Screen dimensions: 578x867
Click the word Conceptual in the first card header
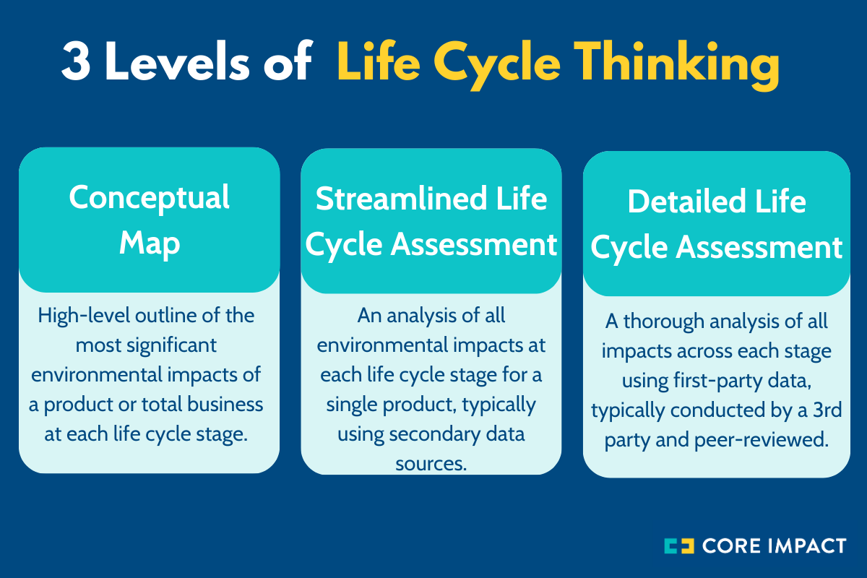150,197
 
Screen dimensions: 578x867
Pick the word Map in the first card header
150,243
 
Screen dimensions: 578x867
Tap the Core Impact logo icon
681,545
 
